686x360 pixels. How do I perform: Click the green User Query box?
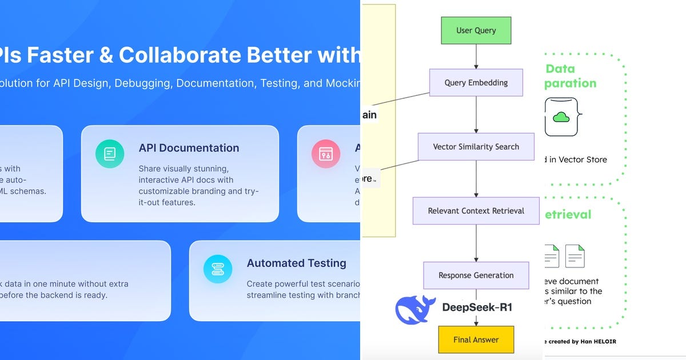pyautogui.click(x=476, y=31)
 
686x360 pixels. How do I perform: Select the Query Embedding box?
pyautogui.click(x=476, y=83)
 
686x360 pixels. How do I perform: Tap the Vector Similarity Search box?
pyautogui.click(x=476, y=147)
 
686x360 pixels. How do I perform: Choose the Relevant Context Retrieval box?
pyautogui.click(x=476, y=211)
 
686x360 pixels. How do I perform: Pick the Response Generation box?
pyautogui.click(x=476, y=275)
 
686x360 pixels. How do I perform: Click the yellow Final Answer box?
pyautogui.click(x=476, y=339)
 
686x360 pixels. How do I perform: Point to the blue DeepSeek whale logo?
pyautogui.click(x=416, y=309)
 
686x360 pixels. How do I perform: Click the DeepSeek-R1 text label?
pyautogui.click(x=477, y=307)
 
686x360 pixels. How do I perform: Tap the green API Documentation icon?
pyautogui.click(x=110, y=153)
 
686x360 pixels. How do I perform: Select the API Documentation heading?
pyautogui.click(x=189, y=148)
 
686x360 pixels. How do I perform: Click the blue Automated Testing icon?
pyautogui.click(x=218, y=269)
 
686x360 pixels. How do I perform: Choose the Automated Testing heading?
pyautogui.click(x=296, y=263)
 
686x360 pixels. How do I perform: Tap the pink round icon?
pyautogui.click(x=325, y=153)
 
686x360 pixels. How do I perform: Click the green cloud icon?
pyautogui.click(x=561, y=117)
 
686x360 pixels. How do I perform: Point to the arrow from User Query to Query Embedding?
pyautogui.click(x=476, y=57)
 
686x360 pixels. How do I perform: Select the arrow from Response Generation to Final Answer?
pyautogui.click(x=476, y=307)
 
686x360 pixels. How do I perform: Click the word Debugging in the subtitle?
pyautogui.click(x=142, y=83)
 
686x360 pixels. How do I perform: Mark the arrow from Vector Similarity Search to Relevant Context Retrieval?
pyautogui.click(x=476, y=179)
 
